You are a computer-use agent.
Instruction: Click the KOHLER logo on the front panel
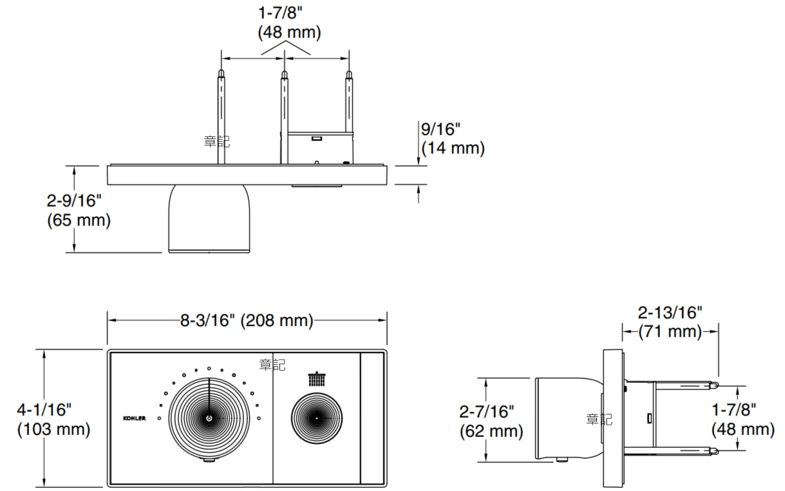(x=135, y=418)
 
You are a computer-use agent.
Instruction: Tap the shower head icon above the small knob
(x=316, y=378)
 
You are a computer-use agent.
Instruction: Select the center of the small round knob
(x=316, y=418)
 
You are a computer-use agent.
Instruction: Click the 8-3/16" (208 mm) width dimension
(x=247, y=320)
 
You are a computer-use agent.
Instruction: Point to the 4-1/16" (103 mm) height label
(x=53, y=419)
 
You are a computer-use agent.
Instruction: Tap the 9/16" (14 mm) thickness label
(x=453, y=139)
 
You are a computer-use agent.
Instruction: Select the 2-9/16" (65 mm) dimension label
(x=79, y=210)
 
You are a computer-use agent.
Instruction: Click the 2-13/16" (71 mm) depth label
(x=670, y=322)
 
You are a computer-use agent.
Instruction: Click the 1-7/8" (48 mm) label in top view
(x=289, y=23)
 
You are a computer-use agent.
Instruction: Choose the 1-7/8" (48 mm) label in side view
(x=742, y=420)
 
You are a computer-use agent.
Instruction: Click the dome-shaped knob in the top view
(x=209, y=219)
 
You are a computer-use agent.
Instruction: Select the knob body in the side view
(x=567, y=419)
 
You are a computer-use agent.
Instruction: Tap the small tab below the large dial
(x=209, y=461)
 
